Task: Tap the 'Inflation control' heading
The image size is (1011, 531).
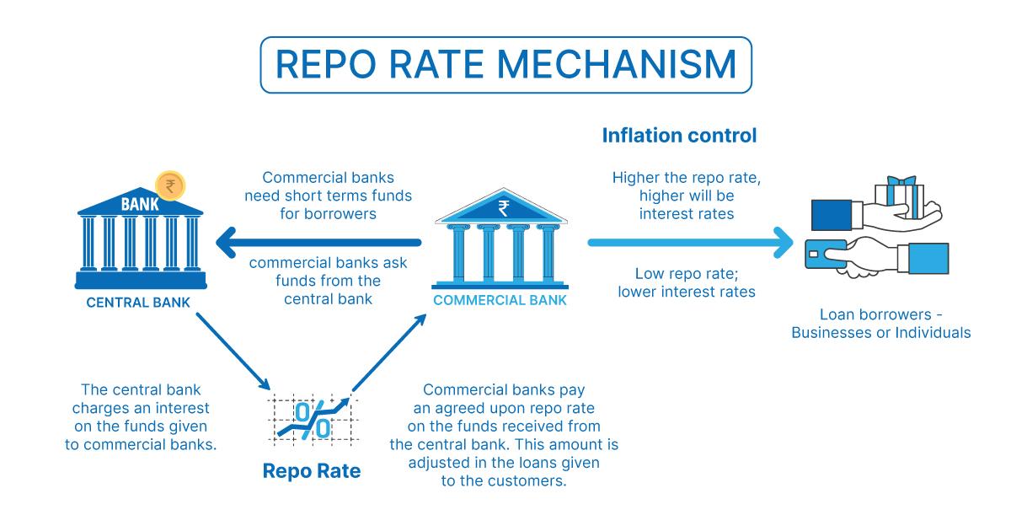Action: click(679, 135)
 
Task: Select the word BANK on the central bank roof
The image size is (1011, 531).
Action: click(139, 203)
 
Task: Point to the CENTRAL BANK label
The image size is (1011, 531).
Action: click(138, 303)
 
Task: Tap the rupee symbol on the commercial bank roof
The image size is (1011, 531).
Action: click(502, 207)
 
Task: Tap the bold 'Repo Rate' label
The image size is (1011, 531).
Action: click(312, 470)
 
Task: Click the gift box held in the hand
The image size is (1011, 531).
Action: click(901, 193)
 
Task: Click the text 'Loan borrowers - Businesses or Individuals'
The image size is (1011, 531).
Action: click(880, 324)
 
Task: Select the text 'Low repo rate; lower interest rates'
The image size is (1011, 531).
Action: click(686, 283)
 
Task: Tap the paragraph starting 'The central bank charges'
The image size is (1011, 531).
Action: click(142, 416)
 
